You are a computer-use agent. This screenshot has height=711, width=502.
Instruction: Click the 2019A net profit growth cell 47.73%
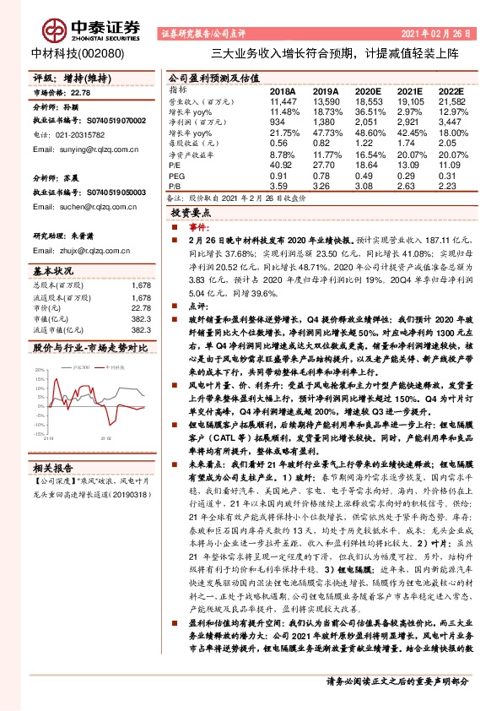click(327, 133)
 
